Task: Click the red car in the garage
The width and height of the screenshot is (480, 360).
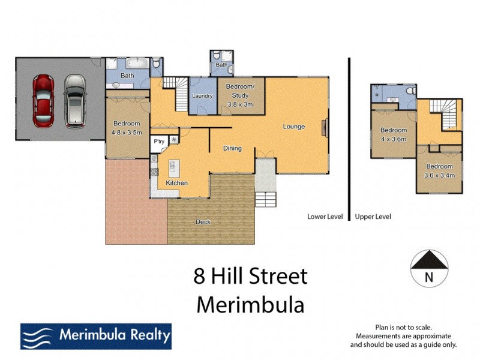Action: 44,100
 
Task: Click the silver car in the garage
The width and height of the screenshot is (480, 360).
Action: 75,100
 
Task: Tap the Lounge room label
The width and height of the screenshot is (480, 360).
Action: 294,127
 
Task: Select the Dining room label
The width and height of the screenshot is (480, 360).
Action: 232,148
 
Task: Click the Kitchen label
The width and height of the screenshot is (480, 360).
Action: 176,183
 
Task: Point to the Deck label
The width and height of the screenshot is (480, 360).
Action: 203,222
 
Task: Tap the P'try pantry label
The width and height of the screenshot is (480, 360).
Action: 159,142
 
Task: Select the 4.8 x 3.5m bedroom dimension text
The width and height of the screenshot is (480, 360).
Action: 126,132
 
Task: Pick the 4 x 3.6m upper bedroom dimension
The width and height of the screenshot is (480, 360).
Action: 394,139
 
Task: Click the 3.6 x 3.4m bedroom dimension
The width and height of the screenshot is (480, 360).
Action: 440,175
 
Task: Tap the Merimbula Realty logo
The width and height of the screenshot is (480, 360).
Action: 96,336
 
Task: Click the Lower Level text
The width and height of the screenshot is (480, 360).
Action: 325,217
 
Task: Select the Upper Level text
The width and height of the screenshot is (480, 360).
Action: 373,217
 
